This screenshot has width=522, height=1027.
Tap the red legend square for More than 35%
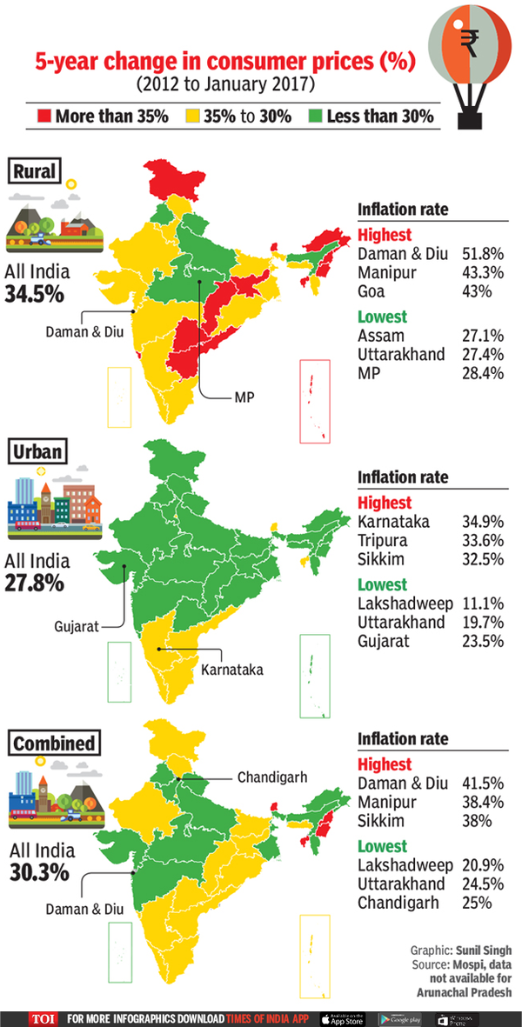point(44,116)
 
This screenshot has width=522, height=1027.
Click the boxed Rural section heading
point(35,171)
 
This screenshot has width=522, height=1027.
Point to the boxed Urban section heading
point(38,452)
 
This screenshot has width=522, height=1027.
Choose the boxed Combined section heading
point(54,744)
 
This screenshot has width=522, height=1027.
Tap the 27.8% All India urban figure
point(34,582)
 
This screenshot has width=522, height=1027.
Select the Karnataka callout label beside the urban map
point(231,670)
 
